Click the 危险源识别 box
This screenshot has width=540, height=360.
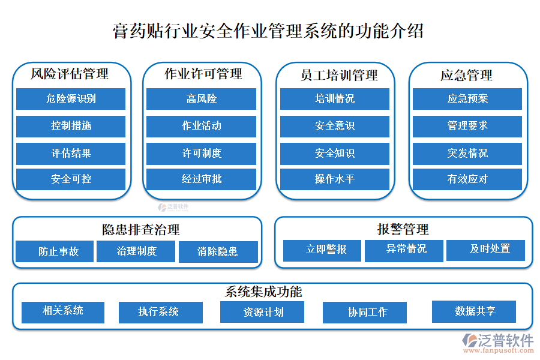[x=71, y=99]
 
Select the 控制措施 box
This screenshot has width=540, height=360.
[x=71, y=126]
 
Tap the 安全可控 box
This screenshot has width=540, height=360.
[x=71, y=179]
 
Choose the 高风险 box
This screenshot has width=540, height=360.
[x=201, y=99]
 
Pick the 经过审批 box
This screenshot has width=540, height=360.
[x=201, y=179]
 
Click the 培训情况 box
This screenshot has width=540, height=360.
[x=335, y=99]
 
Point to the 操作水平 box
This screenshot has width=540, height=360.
[x=335, y=179]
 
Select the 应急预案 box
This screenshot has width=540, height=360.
[x=467, y=99]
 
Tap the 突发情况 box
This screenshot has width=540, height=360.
[x=467, y=153]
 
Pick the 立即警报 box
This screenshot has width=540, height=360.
[x=322, y=250]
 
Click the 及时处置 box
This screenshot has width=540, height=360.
[x=485, y=250]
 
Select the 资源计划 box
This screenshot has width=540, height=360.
[x=262, y=312]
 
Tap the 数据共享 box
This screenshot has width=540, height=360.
[x=473, y=311]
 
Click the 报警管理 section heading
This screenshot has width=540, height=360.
[x=403, y=229]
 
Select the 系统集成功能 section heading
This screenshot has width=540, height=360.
[x=263, y=292]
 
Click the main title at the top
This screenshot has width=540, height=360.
[x=268, y=31]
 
